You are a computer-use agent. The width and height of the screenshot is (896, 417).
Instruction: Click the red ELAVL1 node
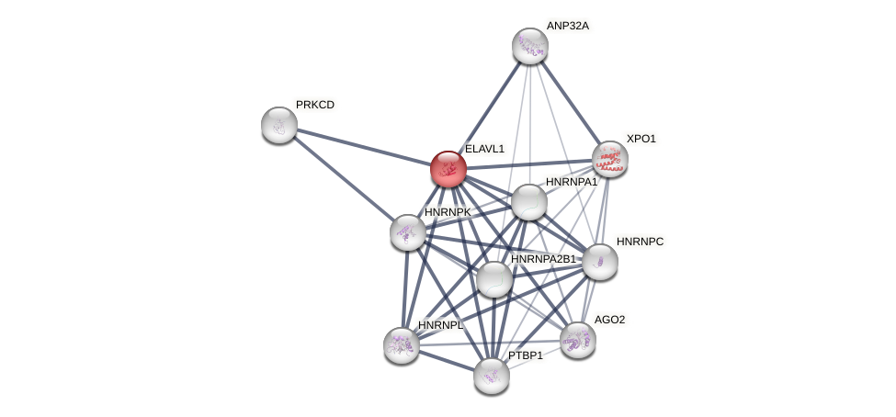coord(448,169)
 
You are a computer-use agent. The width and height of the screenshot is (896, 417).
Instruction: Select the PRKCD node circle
coord(278,125)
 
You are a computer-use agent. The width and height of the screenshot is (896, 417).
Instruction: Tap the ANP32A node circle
coord(529,46)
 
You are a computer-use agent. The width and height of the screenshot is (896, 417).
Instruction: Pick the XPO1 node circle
coord(609,159)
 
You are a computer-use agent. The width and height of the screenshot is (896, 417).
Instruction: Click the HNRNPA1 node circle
coord(528,202)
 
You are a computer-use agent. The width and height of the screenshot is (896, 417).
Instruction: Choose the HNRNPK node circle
coord(407,232)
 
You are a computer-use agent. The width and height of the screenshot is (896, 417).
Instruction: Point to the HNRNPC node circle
coord(599,262)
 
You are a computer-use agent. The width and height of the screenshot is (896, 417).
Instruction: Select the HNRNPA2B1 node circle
coord(493,279)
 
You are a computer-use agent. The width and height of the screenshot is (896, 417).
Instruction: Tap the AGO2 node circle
coord(577,340)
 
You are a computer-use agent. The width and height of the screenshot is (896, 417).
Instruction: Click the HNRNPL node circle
coord(401,345)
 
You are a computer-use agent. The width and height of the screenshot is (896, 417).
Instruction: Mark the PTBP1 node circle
coord(492,375)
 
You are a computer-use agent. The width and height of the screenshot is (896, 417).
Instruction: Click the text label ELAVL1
coord(484,149)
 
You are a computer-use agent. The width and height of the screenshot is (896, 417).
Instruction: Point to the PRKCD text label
coord(315,105)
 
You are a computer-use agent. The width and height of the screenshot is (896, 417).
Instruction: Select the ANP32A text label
coord(567,26)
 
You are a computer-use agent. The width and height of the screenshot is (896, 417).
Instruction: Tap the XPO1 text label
coord(641,139)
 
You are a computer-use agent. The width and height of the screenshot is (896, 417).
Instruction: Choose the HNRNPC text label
coord(640,242)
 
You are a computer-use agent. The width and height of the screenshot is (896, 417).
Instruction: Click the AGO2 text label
coord(609,320)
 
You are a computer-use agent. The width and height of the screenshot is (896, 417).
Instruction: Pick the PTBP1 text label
coord(526,355)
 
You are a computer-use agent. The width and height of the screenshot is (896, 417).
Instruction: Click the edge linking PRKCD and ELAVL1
coord(363,147)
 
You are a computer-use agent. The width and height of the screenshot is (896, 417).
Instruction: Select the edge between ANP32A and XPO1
coord(570,103)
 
